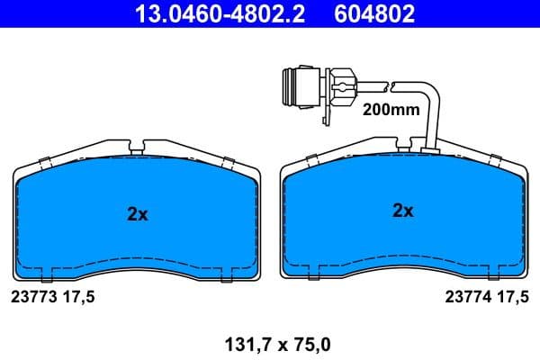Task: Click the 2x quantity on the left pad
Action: pos(137,214)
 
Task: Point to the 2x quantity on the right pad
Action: pos(402,211)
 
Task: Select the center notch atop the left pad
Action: pos(137,145)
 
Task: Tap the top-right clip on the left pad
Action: pos(228,162)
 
